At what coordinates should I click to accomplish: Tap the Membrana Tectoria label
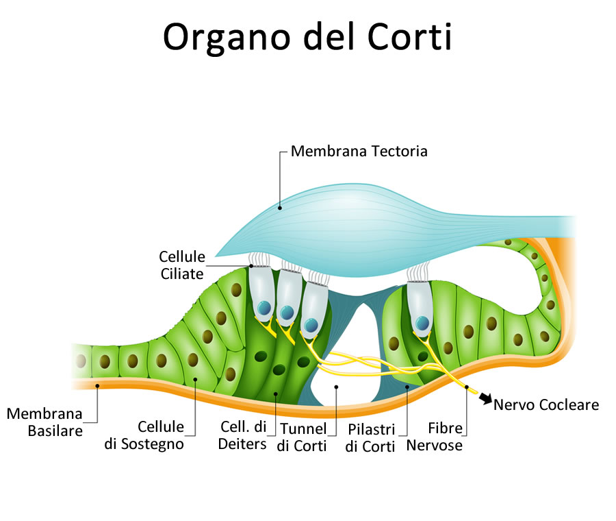359,151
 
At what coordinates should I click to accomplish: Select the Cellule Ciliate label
181,265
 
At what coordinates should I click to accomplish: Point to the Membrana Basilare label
44,422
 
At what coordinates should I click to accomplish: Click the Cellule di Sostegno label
144,435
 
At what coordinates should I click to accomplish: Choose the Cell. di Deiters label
242,435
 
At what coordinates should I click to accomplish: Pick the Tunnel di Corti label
303,437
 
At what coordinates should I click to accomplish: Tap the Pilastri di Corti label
370,437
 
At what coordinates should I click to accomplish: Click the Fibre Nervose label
435,437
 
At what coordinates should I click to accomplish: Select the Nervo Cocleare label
546,404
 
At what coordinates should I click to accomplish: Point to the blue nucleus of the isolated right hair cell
424,322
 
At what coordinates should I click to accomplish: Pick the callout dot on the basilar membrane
98,386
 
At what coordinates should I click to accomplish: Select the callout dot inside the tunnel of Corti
336,387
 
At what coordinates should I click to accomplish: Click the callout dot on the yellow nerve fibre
467,388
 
